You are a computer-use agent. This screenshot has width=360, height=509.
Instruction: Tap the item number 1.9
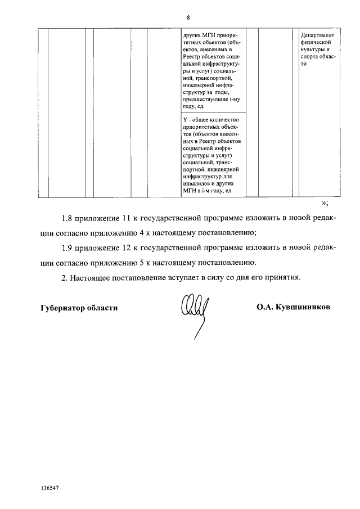[x=68, y=247]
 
